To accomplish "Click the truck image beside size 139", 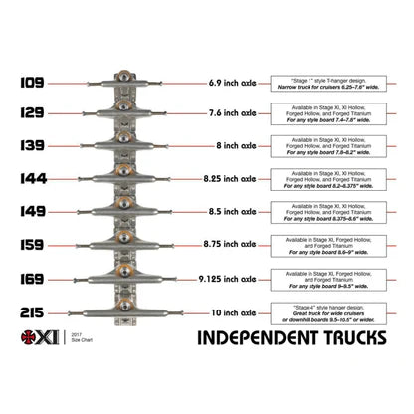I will tap(123, 147).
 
